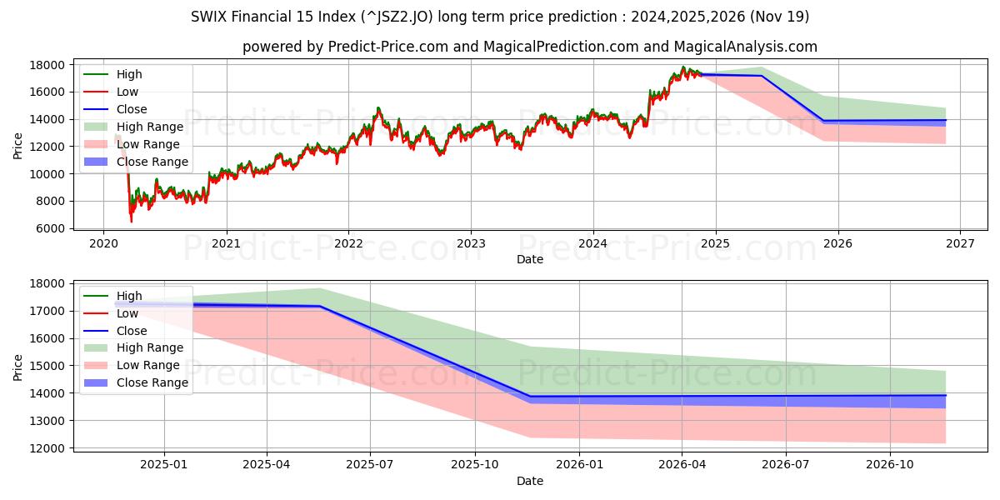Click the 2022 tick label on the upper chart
[x=348, y=244]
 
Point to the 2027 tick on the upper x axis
[x=959, y=244]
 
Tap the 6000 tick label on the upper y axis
[x=50, y=228]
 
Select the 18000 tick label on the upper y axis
[x=47, y=65]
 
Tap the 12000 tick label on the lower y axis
[x=47, y=448]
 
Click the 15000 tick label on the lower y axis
[x=47, y=366]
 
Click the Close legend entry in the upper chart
[x=132, y=109]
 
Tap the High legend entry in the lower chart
[x=129, y=296]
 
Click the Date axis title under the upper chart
[x=529, y=259]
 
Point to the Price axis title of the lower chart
[x=18, y=367]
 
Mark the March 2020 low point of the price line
[x=131, y=221]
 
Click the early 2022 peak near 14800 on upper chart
[x=377, y=107]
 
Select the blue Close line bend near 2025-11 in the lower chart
[x=529, y=397]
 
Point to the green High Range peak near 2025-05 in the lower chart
[x=320, y=288]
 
